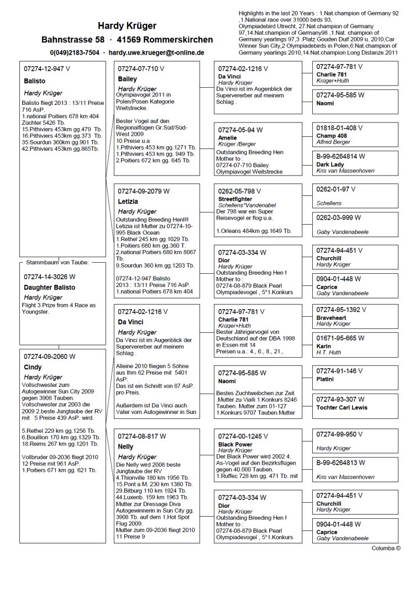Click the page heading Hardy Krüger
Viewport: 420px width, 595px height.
pos(127,25)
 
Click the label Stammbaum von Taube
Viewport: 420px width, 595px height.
pos(58,262)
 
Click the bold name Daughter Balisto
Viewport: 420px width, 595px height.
pos(50,288)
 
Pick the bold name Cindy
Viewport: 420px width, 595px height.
pos(33,367)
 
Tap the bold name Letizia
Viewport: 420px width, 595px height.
pos(128,202)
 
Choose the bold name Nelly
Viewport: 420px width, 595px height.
pos(125,447)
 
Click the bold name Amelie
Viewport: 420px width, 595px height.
pos(227,137)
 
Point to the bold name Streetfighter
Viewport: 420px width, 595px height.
pos(235,199)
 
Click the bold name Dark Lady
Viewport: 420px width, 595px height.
pos(330,164)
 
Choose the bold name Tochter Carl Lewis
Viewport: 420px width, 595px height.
pos(343,407)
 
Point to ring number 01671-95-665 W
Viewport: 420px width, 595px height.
pos(340,337)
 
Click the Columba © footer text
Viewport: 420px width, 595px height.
pos(386,548)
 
